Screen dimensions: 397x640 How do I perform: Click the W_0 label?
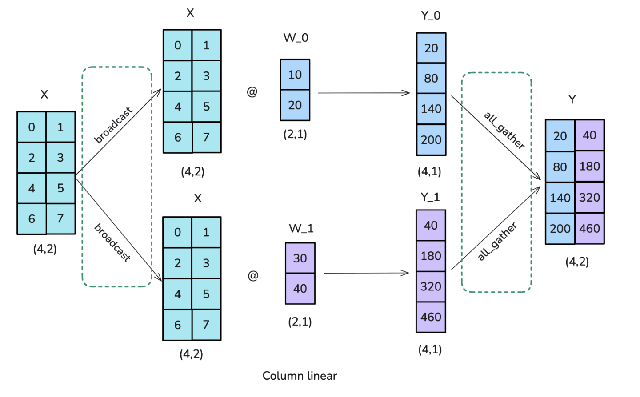(296, 38)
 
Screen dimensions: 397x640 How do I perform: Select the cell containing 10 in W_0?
(295, 75)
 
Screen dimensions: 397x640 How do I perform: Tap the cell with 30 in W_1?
(300, 258)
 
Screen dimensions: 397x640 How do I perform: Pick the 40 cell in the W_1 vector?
(300, 289)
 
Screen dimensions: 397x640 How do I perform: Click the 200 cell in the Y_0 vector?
(431, 140)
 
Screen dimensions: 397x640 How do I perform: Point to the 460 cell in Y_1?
(431, 317)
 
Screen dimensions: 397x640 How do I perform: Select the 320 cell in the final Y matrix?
(589, 197)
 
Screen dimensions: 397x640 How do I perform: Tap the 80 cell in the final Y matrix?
(560, 167)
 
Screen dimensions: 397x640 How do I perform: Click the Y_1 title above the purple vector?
(430, 197)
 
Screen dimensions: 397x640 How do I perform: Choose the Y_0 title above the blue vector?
(431, 16)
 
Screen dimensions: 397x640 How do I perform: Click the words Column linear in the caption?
(300, 376)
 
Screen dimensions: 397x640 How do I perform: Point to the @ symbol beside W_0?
(252, 92)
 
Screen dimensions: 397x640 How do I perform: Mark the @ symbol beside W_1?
(253, 276)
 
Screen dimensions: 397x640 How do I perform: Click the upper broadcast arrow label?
(113, 125)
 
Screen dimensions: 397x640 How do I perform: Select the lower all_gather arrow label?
(497, 242)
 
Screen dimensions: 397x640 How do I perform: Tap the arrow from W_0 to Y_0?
(364, 93)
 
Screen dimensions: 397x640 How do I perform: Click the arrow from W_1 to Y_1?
(366, 273)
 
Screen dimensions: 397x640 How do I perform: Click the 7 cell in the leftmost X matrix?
(60, 218)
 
